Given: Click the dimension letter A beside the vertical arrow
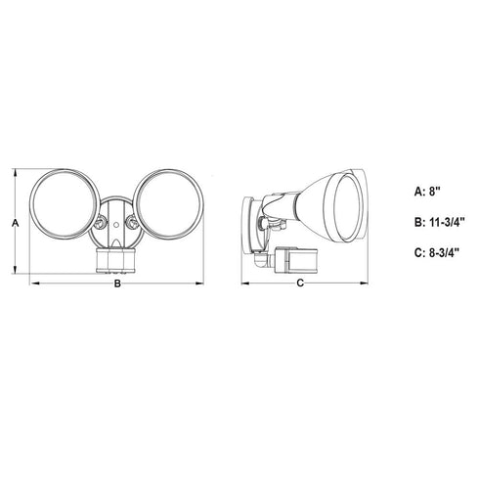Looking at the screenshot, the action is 15,224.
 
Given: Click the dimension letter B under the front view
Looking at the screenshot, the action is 117,283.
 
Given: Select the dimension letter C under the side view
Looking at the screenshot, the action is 300,283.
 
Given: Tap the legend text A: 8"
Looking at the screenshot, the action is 427,192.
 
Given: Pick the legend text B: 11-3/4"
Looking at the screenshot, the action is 439,222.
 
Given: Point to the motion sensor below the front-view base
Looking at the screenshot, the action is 115,260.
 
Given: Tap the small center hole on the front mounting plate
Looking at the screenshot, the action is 115,225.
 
